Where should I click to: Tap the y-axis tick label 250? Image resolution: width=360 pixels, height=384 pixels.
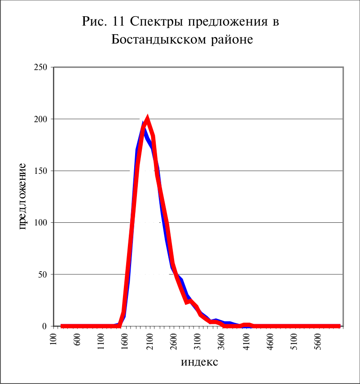[40, 67]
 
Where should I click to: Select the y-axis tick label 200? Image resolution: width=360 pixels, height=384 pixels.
[40, 119]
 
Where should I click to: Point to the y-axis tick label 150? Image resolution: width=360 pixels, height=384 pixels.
[40, 171]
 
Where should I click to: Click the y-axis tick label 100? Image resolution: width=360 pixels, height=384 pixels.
[40, 223]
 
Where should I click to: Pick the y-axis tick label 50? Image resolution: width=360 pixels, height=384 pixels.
[43, 274]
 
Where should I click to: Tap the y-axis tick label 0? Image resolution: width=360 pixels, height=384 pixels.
[44, 326]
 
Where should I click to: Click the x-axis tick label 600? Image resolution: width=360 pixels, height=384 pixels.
[77, 340]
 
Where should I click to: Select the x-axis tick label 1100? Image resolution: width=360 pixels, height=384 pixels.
[101, 342]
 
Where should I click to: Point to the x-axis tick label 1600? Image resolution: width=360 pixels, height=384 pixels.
[125, 342]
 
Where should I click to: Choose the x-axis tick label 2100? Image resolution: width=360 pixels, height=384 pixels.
[149, 342]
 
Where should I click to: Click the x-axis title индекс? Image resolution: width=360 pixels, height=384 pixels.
[199, 362]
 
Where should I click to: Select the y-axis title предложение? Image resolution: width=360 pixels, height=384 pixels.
[22, 196]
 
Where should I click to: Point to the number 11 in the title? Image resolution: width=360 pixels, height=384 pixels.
[119, 21]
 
